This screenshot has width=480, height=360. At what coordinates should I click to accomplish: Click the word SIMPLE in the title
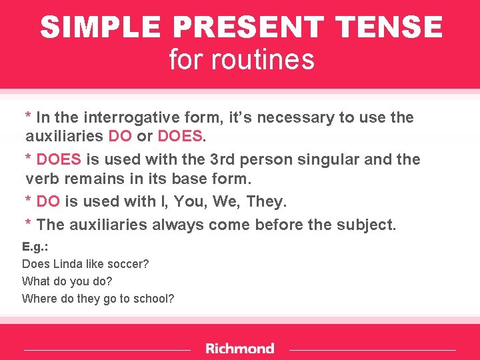100,28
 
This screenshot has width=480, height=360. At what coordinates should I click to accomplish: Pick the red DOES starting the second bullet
59,160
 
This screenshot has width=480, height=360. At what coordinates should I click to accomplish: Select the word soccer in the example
129,264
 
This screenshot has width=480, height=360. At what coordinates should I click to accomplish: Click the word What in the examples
35,281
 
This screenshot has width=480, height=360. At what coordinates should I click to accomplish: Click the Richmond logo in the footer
240,349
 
